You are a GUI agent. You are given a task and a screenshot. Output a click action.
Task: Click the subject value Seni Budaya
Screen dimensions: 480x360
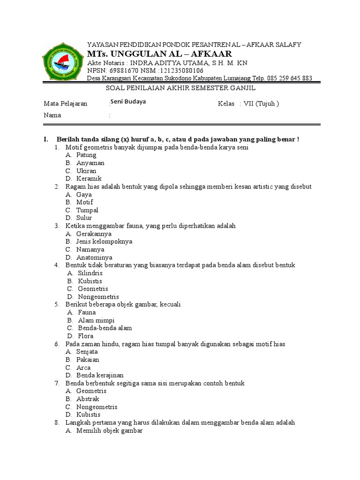click(x=128, y=102)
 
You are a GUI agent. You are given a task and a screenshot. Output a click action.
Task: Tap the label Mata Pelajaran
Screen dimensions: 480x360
click(x=66, y=104)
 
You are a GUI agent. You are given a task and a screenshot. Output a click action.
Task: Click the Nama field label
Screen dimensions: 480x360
click(x=52, y=115)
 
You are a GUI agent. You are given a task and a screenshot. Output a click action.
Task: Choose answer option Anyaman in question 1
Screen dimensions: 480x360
click(x=90, y=163)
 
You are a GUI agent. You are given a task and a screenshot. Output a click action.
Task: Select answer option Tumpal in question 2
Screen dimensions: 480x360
click(x=87, y=210)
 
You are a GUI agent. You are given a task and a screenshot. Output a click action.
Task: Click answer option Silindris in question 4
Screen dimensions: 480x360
click(x=90, y=273)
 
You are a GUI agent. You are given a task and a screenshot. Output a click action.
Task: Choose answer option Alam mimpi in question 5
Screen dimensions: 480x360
click(x=96, y=320)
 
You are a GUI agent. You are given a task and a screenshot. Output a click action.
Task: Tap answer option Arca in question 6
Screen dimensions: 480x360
click(x=83, y=367)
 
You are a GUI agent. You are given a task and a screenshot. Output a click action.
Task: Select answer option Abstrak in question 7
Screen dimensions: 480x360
click(x=88, y=399)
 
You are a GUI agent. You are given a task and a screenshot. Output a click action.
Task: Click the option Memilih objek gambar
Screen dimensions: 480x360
click(x=109, y=430)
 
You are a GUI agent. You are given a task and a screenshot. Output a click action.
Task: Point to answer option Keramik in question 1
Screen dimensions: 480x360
click(x=89, y=179)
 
